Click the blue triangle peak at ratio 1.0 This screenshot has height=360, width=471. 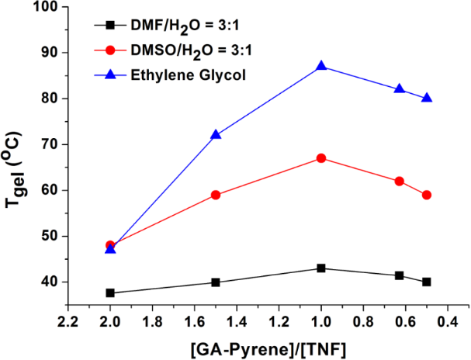tap(321, 67)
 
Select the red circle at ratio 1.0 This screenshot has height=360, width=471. tap(321, 158)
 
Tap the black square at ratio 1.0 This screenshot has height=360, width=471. tap(321, 268)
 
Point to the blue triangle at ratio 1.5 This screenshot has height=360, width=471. tap(216, 135)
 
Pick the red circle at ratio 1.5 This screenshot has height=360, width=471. tap(216, 195)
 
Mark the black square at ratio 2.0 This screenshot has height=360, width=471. tap(110, 292)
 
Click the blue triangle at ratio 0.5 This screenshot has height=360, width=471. tap(427, 99)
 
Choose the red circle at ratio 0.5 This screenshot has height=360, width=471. tap(427, 195)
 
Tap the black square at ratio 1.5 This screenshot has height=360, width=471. tap(216, 282)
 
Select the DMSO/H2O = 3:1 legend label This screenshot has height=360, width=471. tap(182, 51)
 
